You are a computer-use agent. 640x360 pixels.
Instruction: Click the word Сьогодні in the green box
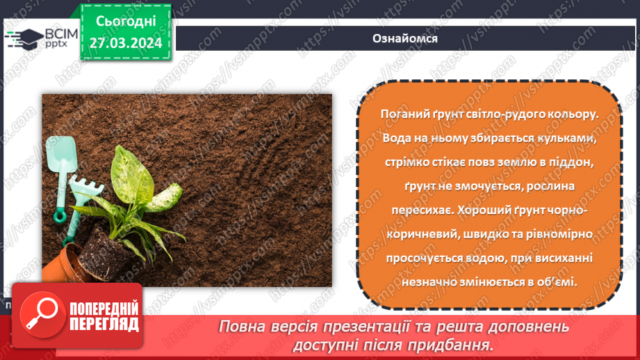tap(126, 24)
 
